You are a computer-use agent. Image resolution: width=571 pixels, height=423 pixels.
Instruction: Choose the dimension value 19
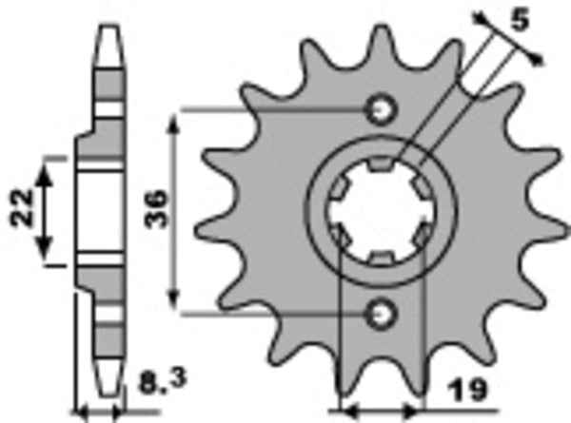click(x=464, y=390)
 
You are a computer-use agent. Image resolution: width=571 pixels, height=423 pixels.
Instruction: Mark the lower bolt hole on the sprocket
click(x=383, y=310)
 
